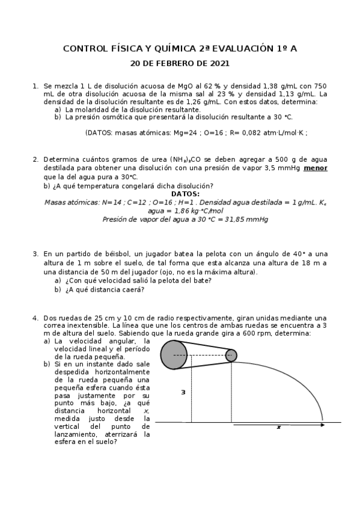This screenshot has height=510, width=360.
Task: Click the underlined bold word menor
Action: [x=316, y=168]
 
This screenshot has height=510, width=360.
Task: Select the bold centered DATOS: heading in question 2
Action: [x=185, y=194]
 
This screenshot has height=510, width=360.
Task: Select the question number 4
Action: [x=35, y=318]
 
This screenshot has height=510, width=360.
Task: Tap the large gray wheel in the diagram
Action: [x=174, y=355]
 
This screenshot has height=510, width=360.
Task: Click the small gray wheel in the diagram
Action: [x=231, y=355]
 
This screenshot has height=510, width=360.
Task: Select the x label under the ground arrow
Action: [x=279, y=427]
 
